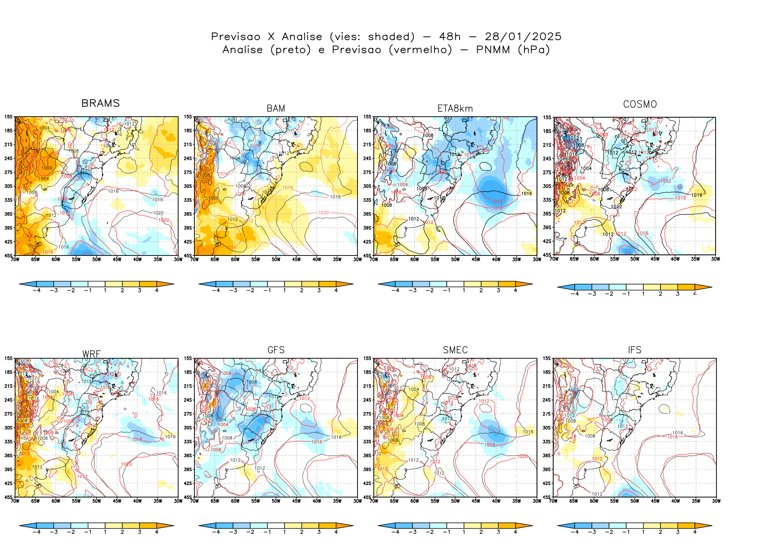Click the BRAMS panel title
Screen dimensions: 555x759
click(x=100, y=103)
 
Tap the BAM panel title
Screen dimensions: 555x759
click(x=276, y=109)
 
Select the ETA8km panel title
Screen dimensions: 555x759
click(x=455, y=109)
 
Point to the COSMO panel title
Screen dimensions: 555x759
click(x=640, y=104)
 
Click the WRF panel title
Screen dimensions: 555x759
click(x=91, y=354)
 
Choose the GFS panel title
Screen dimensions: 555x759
click(x=276, y=350)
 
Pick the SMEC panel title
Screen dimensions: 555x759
click(x=455, y=350)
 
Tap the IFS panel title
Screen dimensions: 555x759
click(x=635, y=350)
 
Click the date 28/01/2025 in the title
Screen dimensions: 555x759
click(x=523, y=37)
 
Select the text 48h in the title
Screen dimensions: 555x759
click(x=450, y=37)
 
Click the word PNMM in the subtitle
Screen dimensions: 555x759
click(x=493, y=50)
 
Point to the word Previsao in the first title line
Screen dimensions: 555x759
click(x=236, y=37)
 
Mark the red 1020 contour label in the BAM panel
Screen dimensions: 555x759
click(x=323, y=213)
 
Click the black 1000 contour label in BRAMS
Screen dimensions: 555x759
click(x=47, y=168)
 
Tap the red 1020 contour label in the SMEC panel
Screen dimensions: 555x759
click(x=522, y=456)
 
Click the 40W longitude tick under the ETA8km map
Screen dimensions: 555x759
click(x=496, y=260)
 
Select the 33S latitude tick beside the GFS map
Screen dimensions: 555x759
click(x=188, y=442)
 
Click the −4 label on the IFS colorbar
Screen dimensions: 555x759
click(x=575, y=532)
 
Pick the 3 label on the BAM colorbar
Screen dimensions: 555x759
click(x=319, y=291)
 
